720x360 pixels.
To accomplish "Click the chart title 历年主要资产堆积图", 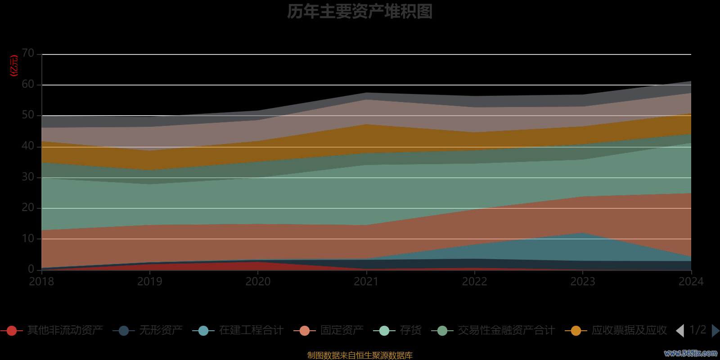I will click(x=360, y=12).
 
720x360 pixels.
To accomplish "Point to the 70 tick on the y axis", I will click(x=28, y=54).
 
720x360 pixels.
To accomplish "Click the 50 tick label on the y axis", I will click(x=28, y=115).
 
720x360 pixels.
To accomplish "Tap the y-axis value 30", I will click(x=28, y=177).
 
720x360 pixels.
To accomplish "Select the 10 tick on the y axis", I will click(x=28, y=238).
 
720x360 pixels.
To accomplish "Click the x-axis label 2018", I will click(x=41, y=282).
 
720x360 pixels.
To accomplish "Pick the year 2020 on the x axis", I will click(x=258, y=282).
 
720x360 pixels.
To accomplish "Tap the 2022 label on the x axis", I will click(x=474, y=282).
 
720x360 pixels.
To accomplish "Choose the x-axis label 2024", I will click(x=691, y=282).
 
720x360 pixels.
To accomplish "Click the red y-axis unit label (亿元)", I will click(x=14, y=66).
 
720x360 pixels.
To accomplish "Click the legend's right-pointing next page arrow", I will click(x=715, y=331).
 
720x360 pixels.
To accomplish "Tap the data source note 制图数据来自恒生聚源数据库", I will click(x=360, y=355).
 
